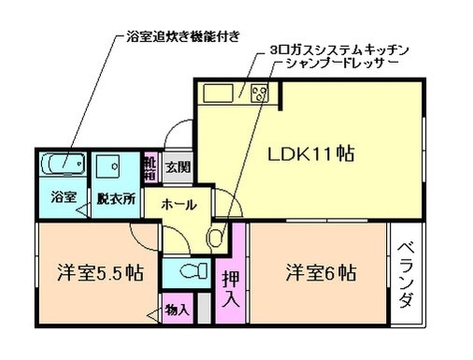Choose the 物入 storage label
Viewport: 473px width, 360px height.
click(x=177, y=310)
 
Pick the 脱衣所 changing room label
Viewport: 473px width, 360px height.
click(x=116, y=199)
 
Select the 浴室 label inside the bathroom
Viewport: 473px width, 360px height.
click(x=63, y=199)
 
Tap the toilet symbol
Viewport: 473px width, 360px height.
click(x=191, y=272)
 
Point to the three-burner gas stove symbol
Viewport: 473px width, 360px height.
click(x=257, y=93)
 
